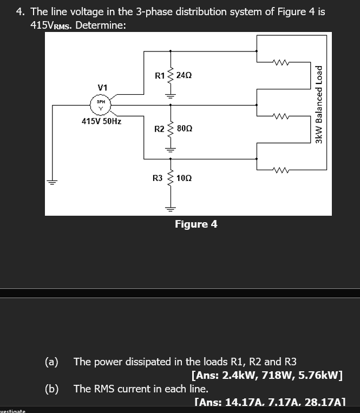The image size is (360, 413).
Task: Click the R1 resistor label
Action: click(160, 76)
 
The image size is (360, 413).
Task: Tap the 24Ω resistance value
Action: click(184, 76)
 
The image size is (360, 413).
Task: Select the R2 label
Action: click(159, 129)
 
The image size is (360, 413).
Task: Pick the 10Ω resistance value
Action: click(184, 178)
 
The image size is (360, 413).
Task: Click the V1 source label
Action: click(102, 87)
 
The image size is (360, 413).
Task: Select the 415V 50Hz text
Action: click(101, 121)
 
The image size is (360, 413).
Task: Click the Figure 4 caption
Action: click(196, 224)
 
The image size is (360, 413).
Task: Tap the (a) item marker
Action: click(52, 362)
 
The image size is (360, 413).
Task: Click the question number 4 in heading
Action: click(20, 11)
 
